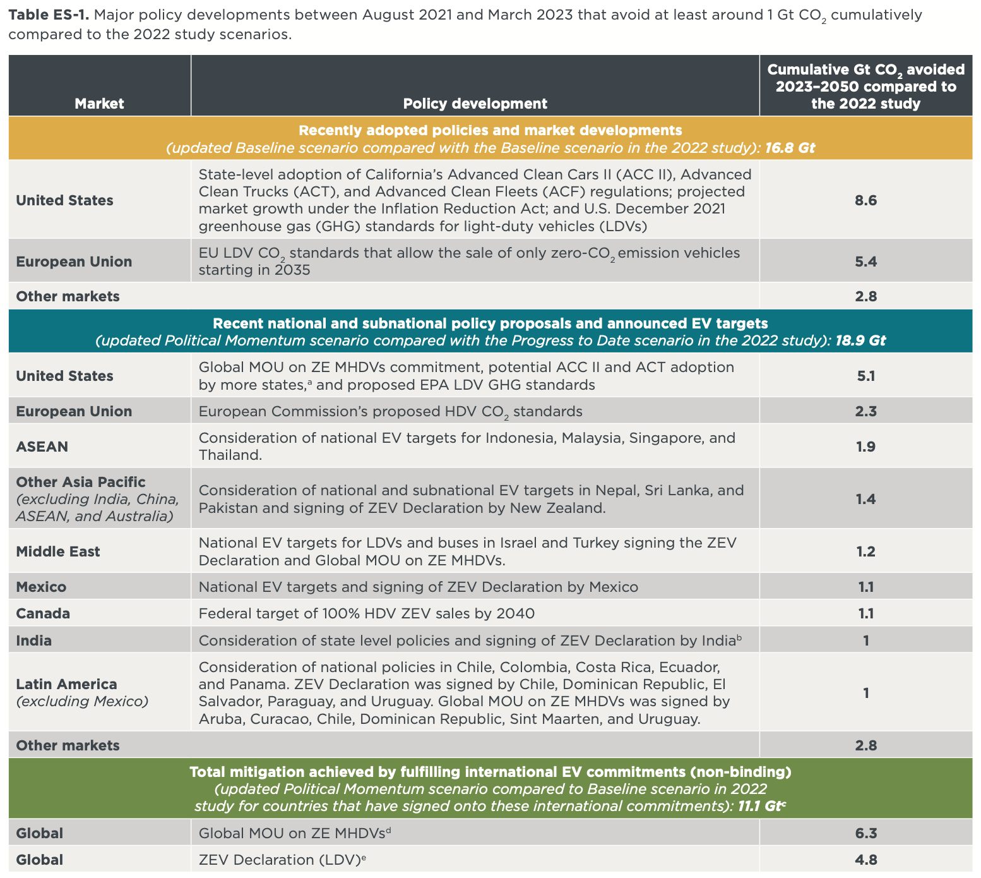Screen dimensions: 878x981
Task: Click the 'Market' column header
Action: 99,104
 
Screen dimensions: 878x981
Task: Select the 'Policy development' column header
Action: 475,104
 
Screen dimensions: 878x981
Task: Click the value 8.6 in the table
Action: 865,200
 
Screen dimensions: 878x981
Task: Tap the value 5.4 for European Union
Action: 865,262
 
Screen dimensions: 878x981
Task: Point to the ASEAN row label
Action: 42,447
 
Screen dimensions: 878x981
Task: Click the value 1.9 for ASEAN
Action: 865,447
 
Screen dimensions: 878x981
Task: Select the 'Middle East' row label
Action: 58,551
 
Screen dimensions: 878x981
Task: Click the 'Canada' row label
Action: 43,613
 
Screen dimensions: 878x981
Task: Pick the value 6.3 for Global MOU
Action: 865,833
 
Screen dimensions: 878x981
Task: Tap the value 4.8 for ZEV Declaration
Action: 865,860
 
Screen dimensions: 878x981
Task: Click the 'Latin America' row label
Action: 66,684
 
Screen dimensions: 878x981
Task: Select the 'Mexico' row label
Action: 41,587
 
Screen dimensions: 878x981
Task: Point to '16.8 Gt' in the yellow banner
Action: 790,148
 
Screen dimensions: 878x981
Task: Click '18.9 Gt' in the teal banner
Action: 860,340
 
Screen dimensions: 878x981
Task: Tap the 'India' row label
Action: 34,640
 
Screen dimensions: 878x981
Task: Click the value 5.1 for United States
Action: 865,376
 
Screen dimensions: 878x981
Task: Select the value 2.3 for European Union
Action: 865,411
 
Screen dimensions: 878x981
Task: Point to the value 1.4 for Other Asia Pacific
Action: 865,499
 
